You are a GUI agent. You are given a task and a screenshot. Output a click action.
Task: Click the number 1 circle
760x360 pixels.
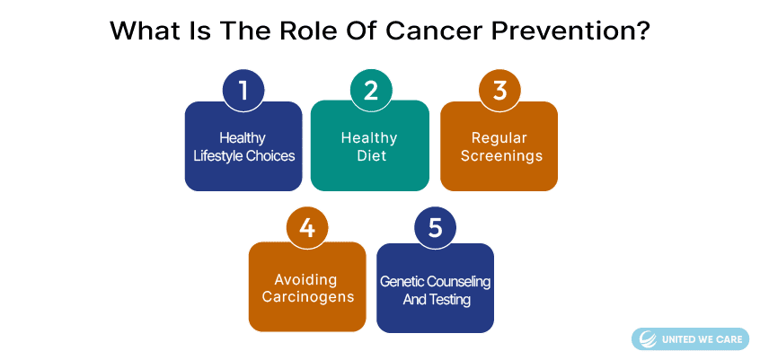[x=243, y=91]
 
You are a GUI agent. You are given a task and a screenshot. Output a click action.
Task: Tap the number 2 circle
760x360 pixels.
[x=371, y=91]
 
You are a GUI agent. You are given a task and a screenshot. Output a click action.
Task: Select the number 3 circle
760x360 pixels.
[x=499, y=91]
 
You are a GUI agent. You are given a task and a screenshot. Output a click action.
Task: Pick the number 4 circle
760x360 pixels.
[x=307, y=228]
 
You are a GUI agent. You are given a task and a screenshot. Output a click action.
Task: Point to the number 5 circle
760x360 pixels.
[x=436, y=228]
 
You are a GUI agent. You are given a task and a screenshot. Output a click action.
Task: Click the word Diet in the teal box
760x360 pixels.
[x=371, y=156]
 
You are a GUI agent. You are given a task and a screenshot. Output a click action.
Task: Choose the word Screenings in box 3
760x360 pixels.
[x=501, y=156]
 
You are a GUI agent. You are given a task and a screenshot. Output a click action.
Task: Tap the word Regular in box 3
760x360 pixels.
[x=499, y=138]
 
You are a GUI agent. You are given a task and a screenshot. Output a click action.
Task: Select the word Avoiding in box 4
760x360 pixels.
[x=305, y=279]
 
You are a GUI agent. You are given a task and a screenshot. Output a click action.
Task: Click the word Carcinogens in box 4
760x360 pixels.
[x=308, y=297]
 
